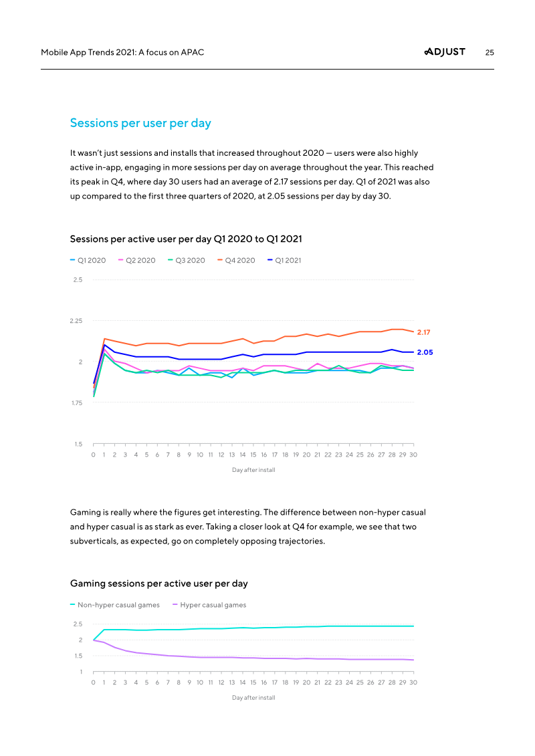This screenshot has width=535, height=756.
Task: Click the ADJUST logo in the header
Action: click(x=445, y=52)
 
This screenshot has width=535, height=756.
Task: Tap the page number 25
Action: click(x=490, y=52)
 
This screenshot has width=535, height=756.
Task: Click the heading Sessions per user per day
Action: click(x=140, y=123)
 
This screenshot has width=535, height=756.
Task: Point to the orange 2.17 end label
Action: click(x=424, y=332)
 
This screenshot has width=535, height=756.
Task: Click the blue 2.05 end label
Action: click(x=425, y=352)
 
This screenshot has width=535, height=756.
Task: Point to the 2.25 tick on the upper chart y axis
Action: click(x=76, y=321)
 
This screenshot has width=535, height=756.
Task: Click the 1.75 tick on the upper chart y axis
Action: click(x=76, y=403)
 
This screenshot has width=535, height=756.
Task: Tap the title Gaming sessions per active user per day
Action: click(x=159, y=584)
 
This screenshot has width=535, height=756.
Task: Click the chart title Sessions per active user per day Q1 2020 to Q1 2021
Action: click(x=190, y=239)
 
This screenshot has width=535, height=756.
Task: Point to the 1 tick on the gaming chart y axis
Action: click(x=81, y=672)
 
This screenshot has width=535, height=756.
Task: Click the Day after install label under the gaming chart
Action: click(x=253, y=698)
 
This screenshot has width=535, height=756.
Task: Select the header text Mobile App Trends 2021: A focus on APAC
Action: click(x=122, y=52)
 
